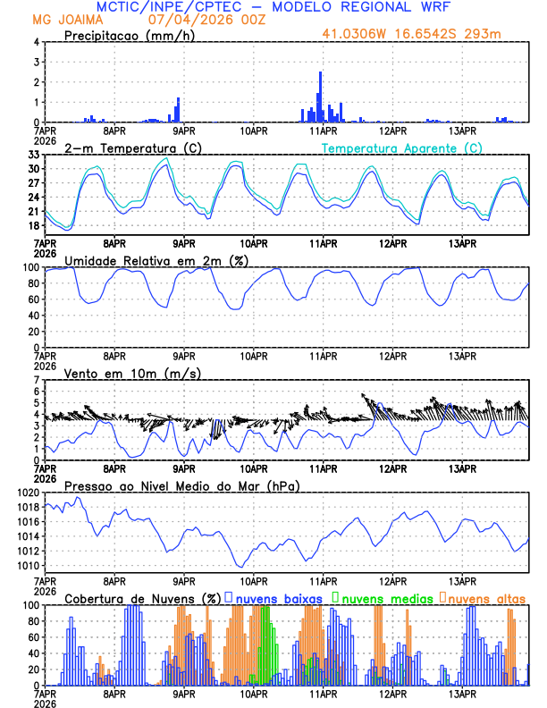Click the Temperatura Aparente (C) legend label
click(402, 147)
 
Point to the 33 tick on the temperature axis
click(34, 155)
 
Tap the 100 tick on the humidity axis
click(30, 267)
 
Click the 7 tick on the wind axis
click(37, 380)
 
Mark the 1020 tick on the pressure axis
click(28, 493)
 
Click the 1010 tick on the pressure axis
click(28, 565)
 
